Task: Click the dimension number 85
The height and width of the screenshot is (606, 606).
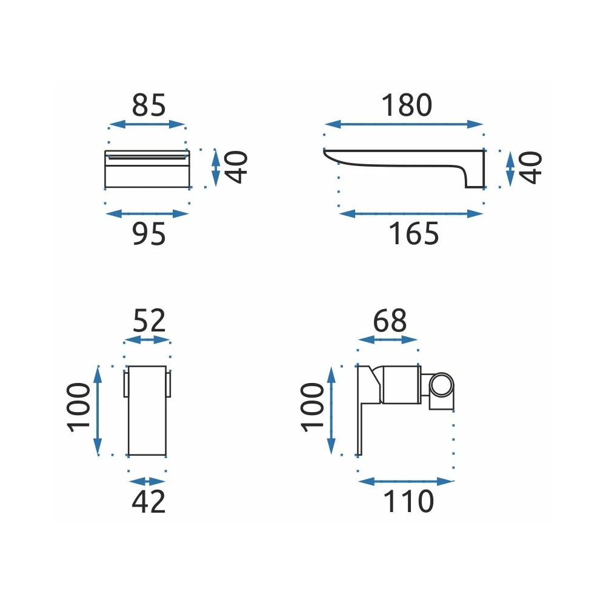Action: tap(149, 105)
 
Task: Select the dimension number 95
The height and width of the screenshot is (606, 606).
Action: tap(149, 233)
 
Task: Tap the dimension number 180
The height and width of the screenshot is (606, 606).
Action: tap(407, 105)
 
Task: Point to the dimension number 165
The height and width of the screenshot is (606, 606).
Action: tap(413, 233)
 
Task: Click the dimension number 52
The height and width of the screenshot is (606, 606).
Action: tap(149, 321)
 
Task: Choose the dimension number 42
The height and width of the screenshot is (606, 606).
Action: tap(149, 501)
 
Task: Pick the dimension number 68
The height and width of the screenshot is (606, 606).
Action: tap(390, 321)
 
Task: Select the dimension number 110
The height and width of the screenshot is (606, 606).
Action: tap(408, 501)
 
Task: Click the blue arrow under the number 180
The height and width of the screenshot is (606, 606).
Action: tap(404, 124)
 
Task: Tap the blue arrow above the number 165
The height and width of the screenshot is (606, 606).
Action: tap(411, 214)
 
